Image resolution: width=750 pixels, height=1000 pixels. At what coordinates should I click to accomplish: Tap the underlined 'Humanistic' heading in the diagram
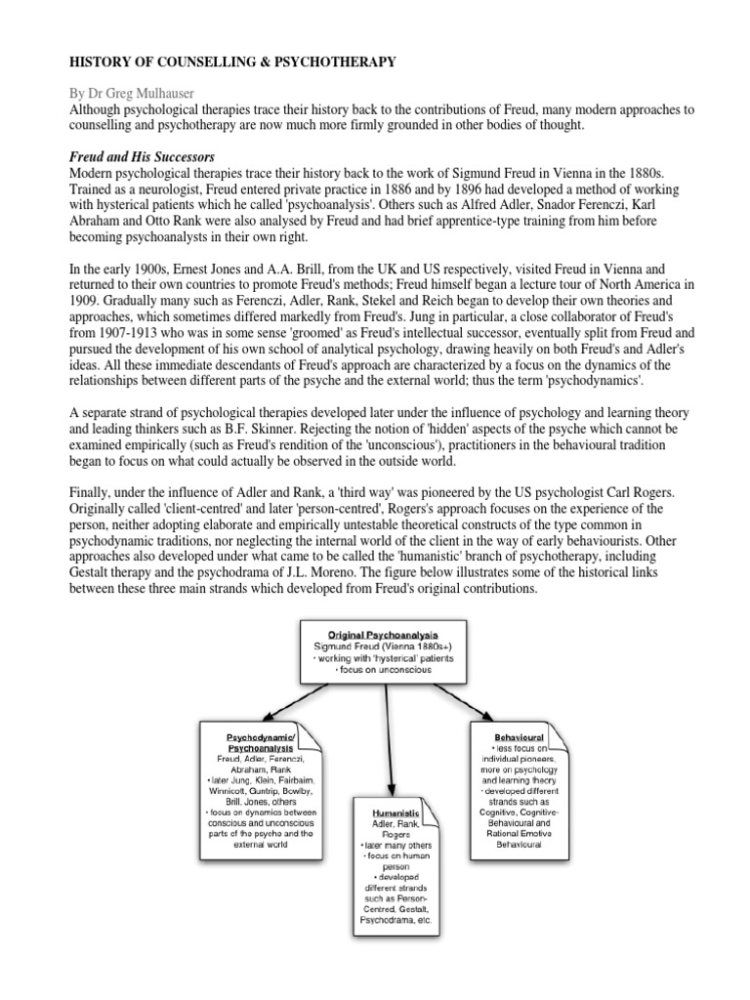pos(396,811)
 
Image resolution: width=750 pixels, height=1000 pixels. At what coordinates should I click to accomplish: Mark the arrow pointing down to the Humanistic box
pos(391,742)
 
